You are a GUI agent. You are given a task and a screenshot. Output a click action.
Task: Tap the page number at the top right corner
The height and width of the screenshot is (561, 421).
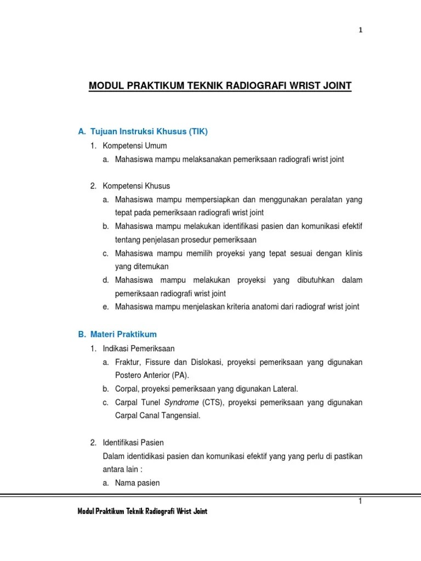pyautogui.click(x=360, y=31)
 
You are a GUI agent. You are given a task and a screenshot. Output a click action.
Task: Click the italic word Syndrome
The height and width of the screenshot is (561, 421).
pyautogui.click(x=180, y=403)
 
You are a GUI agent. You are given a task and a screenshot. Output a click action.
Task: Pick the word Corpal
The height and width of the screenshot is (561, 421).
pyautogui.click(x=127, y=389)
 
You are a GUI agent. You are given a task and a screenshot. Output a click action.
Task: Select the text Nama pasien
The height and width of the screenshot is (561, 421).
pyautogui.click(x=138, y=483)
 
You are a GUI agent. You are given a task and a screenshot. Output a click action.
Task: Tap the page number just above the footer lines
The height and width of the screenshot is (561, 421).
pyautogui.click(x=360, y=501)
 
